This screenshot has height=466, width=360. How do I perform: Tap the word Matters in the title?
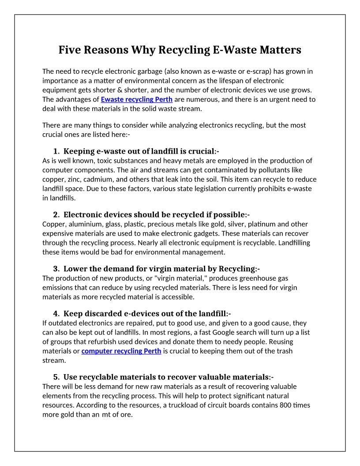pos(278,50)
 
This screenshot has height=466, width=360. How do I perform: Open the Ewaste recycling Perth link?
pos(136,99)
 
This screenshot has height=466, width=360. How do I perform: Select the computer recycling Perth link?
pos(121,351)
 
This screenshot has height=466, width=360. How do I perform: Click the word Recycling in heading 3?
pos(237,269)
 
